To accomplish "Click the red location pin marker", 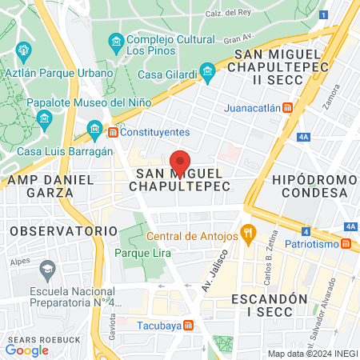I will [180, 163].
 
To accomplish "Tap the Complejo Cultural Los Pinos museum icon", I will [116, 41].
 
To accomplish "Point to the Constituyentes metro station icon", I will [114, 131].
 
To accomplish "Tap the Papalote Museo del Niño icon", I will [43, 118].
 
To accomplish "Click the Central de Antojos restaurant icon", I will [249, 235].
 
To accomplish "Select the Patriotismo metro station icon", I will [346, 244].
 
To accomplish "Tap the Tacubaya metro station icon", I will [188, 324].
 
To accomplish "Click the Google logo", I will [26, 350].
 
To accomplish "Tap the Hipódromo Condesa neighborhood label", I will [310, 186].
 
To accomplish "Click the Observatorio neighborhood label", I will [64, 230].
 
